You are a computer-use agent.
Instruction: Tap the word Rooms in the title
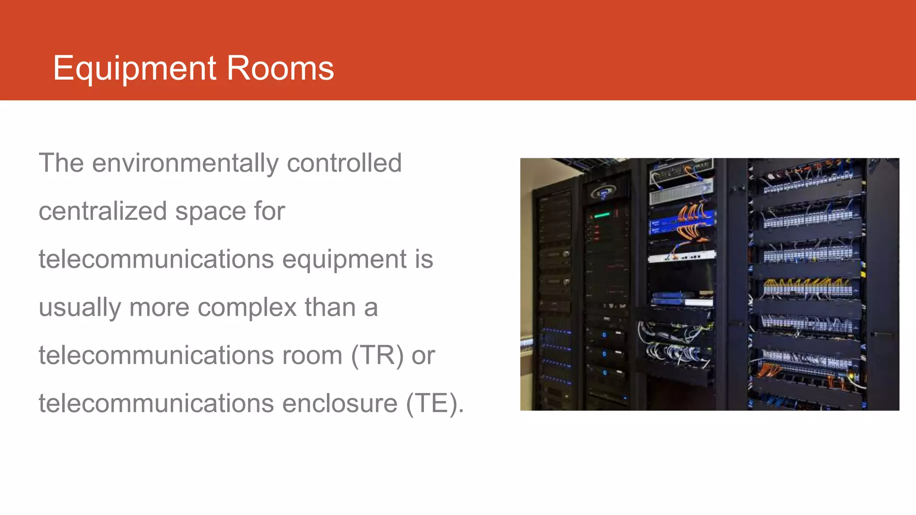tap(280, 69)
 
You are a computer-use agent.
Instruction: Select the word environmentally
tap(185, 163)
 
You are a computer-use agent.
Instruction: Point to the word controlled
tap(344, 163)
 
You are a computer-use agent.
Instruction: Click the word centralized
tap(103, 211)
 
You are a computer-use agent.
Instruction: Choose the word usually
tap(80, 308)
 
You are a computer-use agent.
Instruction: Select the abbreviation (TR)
tap(377, 355)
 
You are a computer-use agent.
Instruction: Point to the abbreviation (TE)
tap(434, 403)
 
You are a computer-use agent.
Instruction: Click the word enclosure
tap(339, 403)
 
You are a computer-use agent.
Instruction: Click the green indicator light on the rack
tap(602, 215)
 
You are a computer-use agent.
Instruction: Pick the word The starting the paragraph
tap(61, 163)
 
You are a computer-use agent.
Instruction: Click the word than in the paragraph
tap(330, 308)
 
